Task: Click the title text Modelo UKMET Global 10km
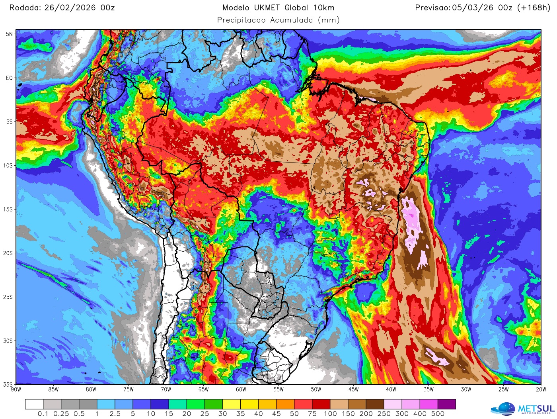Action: click(278, 8)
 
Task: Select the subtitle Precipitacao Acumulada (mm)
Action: click(278, 20)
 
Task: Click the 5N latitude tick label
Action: click(9, 34)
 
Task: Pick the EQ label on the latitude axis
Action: click(9, 78)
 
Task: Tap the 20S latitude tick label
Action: click(8, 253)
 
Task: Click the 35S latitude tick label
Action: click(8, 385)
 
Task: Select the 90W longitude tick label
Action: click(16, 390)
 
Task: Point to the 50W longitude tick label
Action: click(316, 390)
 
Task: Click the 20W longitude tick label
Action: click(541, 390)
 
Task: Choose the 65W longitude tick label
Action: click(203, 390)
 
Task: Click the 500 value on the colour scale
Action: click(438, 414)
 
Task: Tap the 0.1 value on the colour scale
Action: click(43, 414)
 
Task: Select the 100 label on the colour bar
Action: click(330, 414)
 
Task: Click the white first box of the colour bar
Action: click(34, 404)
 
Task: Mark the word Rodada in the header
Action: click(25, 8)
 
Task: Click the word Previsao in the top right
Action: click(432, 8)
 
